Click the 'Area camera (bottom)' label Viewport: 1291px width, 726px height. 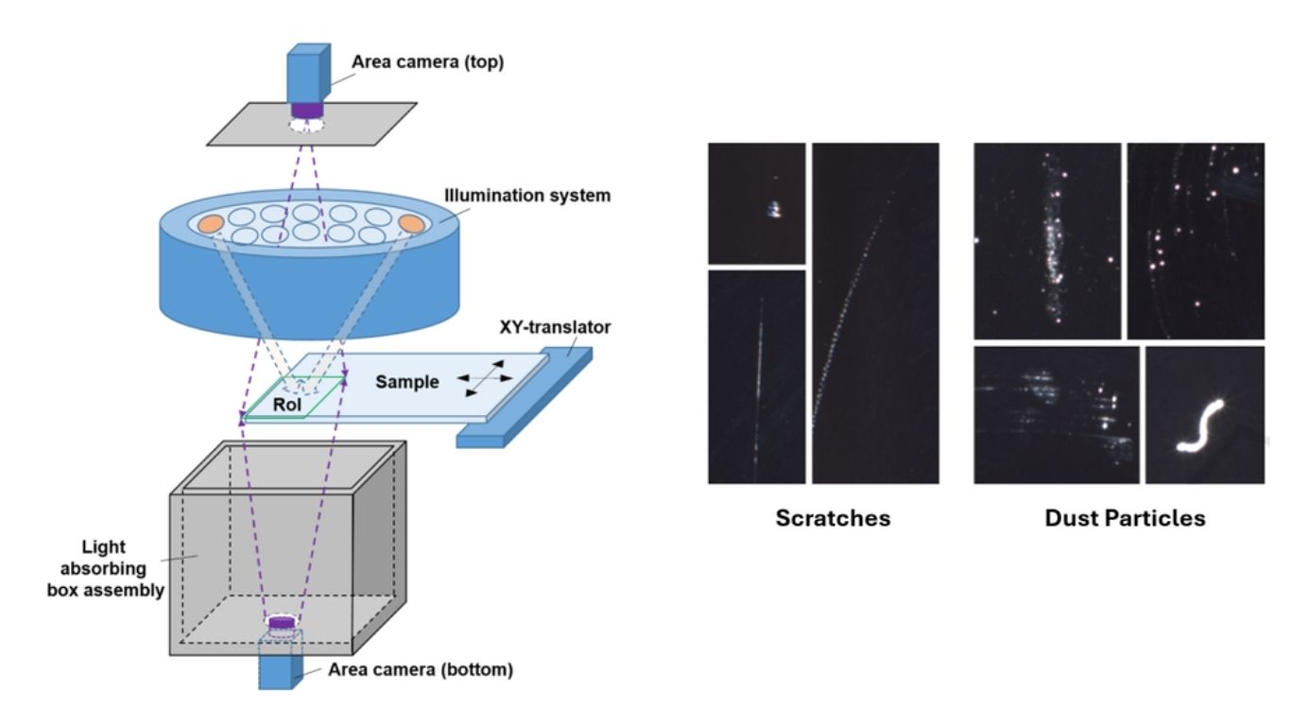click(421, 670)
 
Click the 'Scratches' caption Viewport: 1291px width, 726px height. click(833, 518)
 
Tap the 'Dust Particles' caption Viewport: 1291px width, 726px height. click(1125, 518)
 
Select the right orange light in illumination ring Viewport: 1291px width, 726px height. click(412, 222)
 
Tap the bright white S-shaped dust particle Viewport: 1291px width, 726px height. click(1199, 426)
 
